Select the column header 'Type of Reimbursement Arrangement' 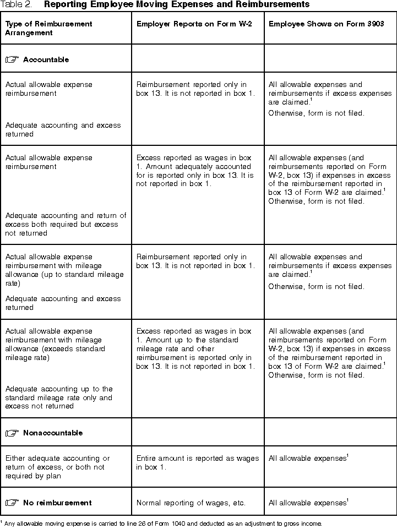48,29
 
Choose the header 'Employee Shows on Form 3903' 326,24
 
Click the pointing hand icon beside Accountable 12,59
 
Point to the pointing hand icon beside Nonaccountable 12,433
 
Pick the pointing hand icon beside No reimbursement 12,503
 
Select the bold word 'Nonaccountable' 53,433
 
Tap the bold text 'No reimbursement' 57,503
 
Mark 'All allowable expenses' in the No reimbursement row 307,503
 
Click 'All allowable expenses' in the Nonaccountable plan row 307,459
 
